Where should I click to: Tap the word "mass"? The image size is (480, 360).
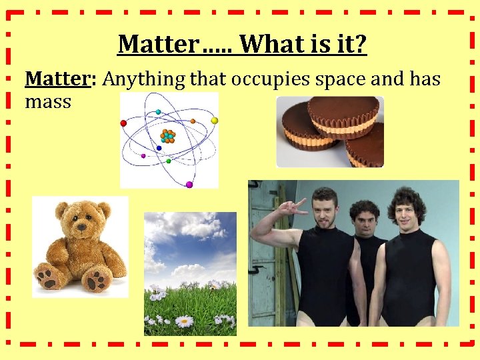click(x=48, y=103)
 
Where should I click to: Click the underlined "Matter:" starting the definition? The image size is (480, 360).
click(x=61, y=79)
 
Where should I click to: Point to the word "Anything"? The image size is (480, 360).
click(x=145, y=80)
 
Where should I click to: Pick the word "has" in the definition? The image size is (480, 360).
click(x=425, y=79)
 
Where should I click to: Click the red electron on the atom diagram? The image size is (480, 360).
click(x=123, y=123)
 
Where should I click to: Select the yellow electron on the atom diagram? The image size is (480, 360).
click(x=215, y=121)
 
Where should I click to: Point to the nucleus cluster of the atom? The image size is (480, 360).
click(x=168, y=136)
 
